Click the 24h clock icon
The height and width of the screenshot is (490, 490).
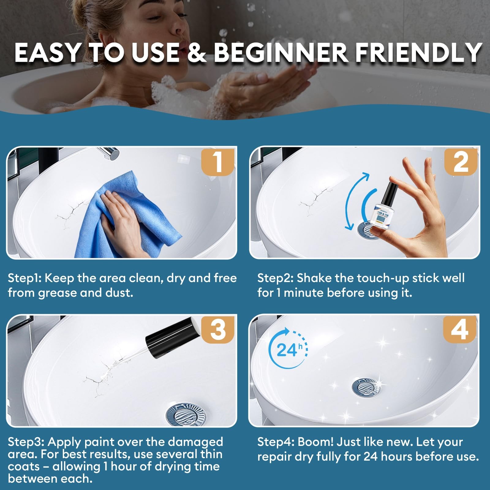288,349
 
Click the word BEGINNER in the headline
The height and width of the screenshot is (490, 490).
280,53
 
